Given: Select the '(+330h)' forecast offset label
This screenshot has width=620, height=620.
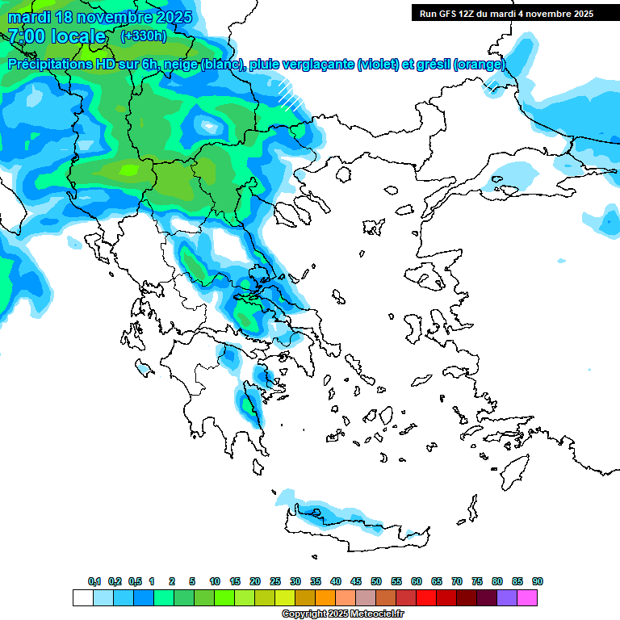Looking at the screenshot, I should [x=144, y=36].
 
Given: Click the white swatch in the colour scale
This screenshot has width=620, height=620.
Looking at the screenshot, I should [x=82, y=597].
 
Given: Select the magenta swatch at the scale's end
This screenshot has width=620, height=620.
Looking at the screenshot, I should [x=527, y=597].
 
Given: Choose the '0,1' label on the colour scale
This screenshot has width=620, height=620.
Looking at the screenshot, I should [x=94, y=581].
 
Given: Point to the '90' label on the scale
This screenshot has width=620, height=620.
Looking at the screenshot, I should [x=538, y=581].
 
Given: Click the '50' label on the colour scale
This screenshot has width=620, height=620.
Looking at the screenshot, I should [x=376, y=581].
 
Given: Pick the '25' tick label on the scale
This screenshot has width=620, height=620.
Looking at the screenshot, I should [x=275, y=581].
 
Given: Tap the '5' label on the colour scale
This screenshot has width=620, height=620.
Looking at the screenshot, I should [x=192, y=581].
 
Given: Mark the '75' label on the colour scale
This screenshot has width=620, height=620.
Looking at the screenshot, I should [x=477, y=581].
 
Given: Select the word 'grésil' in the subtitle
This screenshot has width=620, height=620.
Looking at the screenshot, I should [x=431, y=65].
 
